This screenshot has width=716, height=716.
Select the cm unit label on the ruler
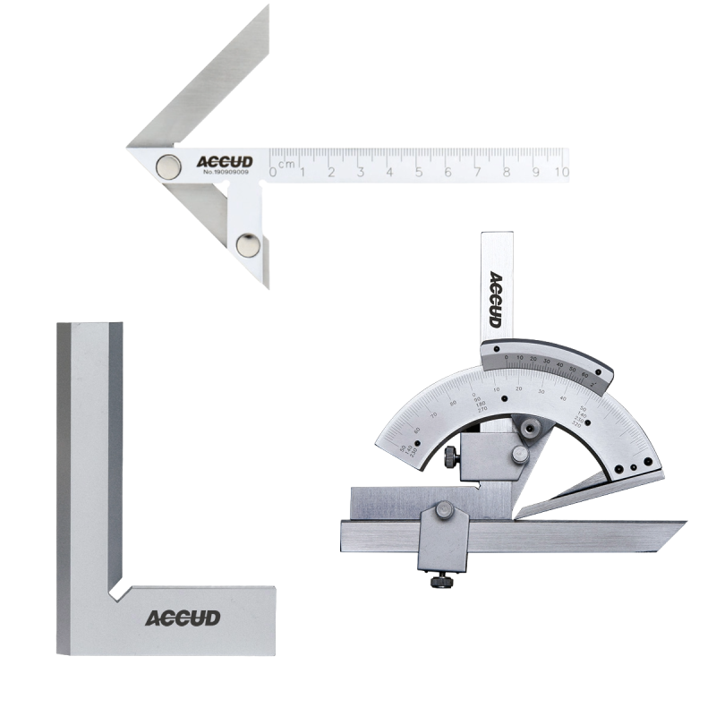[286, 164]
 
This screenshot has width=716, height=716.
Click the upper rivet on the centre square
[166, 164]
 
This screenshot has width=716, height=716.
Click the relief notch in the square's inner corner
[117, 588]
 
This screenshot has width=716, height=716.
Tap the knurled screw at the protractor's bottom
[440, 581]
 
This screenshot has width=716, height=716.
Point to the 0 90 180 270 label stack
[503, 404]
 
